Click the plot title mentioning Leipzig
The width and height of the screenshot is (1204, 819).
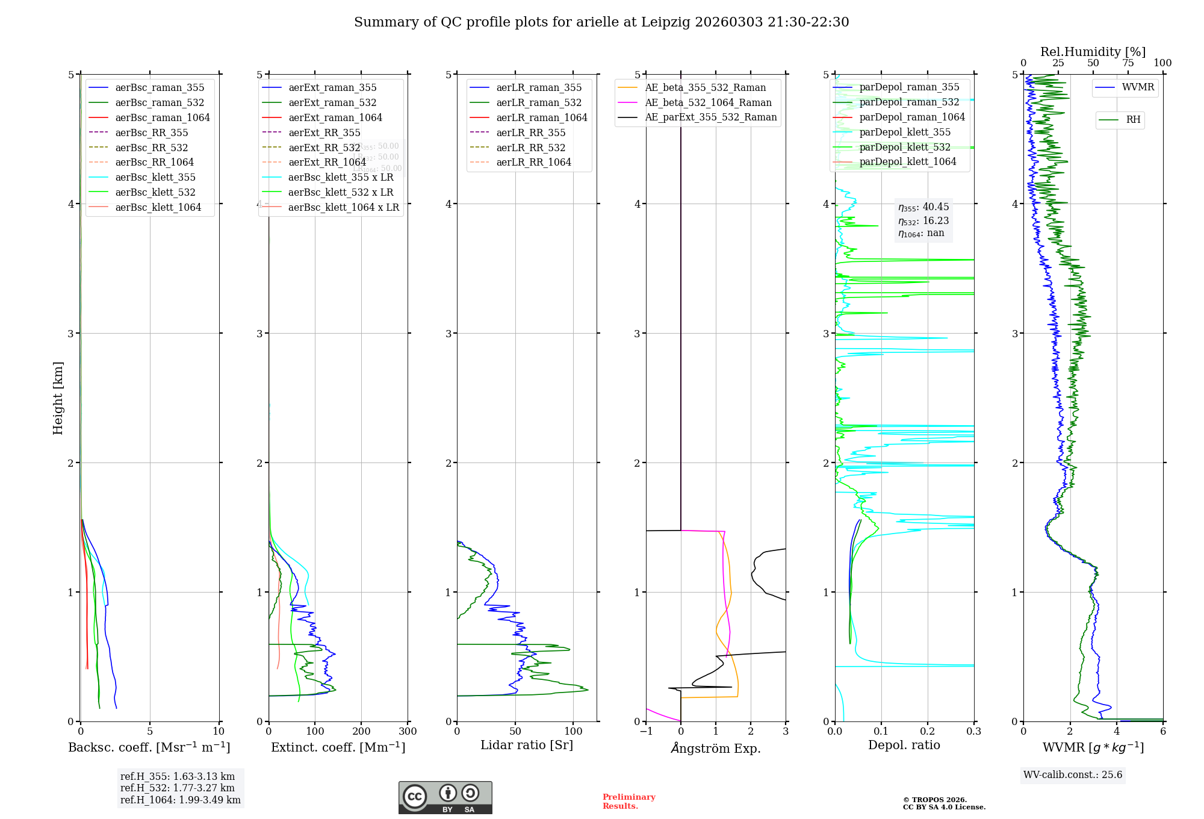click(601, 22)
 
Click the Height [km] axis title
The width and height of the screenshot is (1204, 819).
click(58, 398)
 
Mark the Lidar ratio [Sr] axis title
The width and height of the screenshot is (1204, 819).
click(526, 745)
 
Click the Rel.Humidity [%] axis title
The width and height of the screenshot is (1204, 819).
click(1093, 52)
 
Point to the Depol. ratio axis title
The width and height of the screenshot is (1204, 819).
click(904, 745)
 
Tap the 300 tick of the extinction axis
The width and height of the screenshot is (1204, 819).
click(408, 732)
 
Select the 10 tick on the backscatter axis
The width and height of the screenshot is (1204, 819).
click(219, 732)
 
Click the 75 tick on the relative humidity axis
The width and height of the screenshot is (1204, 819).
click(1128, 63)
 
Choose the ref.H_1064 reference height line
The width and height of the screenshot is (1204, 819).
click(180, 800)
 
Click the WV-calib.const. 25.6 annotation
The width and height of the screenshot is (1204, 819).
click(1073, 775)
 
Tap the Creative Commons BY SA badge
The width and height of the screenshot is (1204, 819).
click(445, 797)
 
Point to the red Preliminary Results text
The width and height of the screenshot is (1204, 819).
click(628, 802)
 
